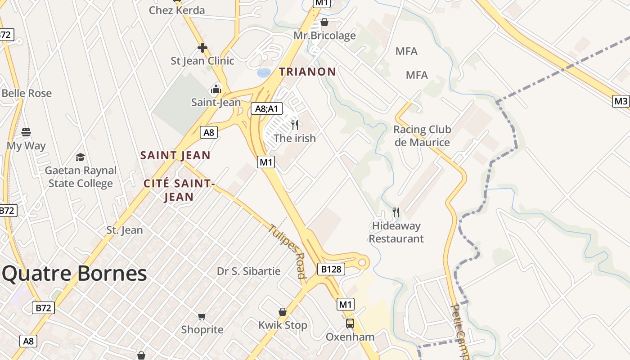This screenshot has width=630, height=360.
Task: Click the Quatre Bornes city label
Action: point(75,274)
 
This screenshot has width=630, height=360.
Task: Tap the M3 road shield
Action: point(621,101)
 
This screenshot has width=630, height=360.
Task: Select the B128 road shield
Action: point(331,269)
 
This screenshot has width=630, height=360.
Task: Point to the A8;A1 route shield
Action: point(266,108)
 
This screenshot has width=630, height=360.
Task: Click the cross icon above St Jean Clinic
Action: point(202,47)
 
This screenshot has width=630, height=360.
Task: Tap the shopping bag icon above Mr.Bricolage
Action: point(324,22)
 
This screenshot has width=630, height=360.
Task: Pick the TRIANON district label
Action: point(307,72)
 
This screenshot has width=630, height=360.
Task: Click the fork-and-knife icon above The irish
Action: point(295,125)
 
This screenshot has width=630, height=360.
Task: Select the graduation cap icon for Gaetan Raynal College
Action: point(81,157)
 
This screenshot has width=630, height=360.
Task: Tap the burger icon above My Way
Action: point(26,132)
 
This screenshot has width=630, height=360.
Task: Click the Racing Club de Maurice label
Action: point(422,136)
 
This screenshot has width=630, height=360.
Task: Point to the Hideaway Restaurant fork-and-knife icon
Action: point(396,212)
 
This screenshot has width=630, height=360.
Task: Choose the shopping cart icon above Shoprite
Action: point(202,316)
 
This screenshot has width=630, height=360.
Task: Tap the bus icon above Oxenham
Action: point(350,323)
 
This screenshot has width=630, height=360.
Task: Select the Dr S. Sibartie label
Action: point(248,271)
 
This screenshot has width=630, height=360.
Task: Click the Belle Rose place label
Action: point(27,94)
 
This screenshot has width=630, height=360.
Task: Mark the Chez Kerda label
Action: point(177,10)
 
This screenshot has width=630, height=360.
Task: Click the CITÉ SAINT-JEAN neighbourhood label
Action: point(178,190)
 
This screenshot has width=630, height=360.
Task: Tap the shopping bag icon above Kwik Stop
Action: point(283,312)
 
